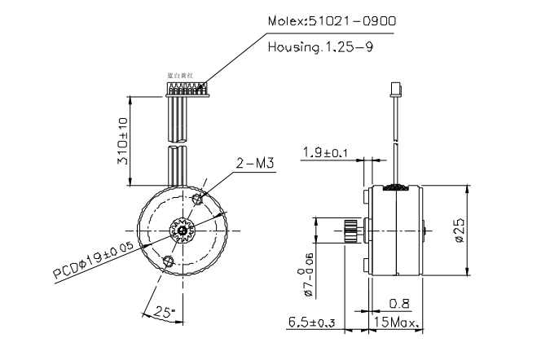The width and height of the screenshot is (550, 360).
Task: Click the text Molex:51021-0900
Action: [x=333, y=21]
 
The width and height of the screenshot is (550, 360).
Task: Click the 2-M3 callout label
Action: [x=252, y=164]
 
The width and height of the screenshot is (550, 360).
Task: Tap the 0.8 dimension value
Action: [x=399, y=304]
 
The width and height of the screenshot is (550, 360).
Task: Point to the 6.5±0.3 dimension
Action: [x=312, y=324]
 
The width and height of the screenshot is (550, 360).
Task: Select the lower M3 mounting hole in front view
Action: [x=169, y=261]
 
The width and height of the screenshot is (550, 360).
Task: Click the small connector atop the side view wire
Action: [x=398, y=88]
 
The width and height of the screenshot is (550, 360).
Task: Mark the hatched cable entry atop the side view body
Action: [x=398, y=187]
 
